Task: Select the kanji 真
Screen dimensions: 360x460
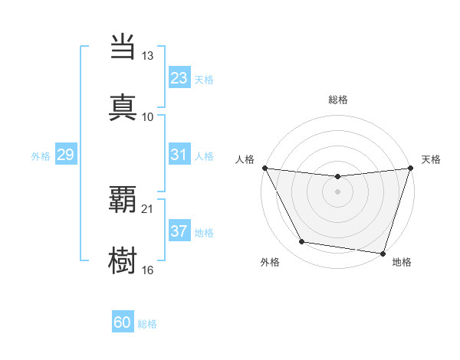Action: (123, 106)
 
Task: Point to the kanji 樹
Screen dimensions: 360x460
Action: (123, 258)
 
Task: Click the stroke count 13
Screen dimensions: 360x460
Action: (148, 57)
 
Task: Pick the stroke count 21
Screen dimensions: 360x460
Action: (148, 208)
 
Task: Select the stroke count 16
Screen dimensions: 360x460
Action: (148, 269)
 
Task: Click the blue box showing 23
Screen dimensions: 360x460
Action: (179, 78)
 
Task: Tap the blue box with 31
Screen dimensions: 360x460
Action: (179, 155)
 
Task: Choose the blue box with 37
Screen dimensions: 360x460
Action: (179, 231)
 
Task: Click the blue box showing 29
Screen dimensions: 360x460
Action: (65, 155)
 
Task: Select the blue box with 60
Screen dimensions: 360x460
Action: (123, 322)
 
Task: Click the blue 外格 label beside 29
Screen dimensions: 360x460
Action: (41, 156)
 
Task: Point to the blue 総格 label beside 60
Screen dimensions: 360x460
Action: (147, 324)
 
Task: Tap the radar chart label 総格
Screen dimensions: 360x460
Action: (338, 100)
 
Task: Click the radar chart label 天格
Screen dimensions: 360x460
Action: (432, 159)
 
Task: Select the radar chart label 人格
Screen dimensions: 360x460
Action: (244, 159)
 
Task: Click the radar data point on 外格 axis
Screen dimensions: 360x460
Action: (301, 242)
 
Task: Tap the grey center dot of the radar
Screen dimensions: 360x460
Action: (338, 191)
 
